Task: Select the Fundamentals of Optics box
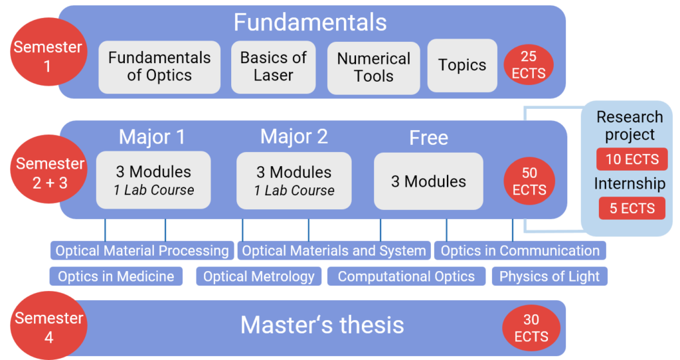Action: (x=159, y=66)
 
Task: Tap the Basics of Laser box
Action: (x=273, y=66)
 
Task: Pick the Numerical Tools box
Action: (x=373, y=67)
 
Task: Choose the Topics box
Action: (x=462, y=65)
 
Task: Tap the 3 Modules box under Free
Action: (x=428, y=181)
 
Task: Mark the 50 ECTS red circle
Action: (x=529, y=181)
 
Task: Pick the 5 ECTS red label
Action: (x=632, y=208)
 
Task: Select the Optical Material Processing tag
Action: (x=142, y=251)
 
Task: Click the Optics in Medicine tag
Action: (x=116, y=276)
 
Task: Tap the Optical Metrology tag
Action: (x=259, y=276)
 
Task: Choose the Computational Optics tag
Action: (x=406, y=276)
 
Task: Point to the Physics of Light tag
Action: (x=549, y=276)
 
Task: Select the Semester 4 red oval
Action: (x=48, y=327)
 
